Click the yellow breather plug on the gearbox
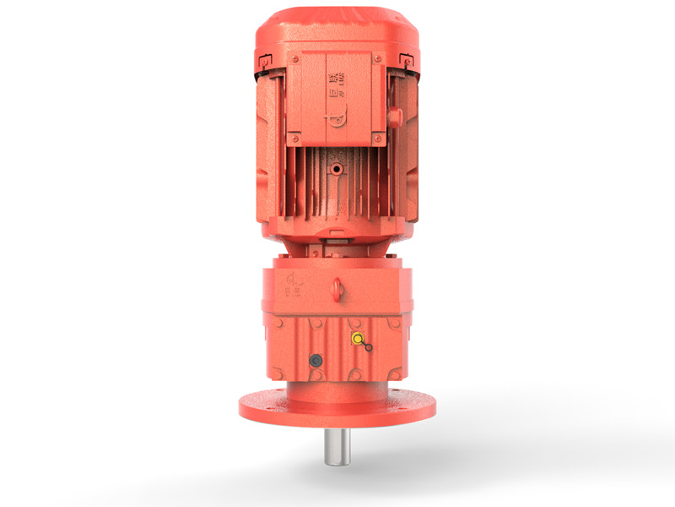[358, 340]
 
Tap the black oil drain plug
[316, 361]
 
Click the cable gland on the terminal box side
[393, 117]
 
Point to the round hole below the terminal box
[337, 170]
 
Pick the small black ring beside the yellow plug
[369, 347]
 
